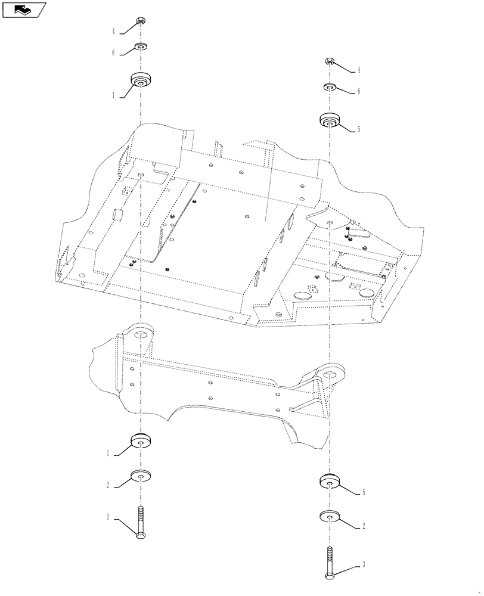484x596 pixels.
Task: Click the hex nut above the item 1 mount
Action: pos(141,23)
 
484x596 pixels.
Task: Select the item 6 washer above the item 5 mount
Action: pos(330,88)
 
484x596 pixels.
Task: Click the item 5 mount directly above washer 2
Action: pos(330,480)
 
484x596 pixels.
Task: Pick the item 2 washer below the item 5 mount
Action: pos(330,516)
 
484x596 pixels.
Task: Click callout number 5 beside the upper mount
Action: pos(359,129)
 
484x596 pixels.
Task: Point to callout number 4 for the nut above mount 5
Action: pos(359,70)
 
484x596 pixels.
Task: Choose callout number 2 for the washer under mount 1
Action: pos(108,486)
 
